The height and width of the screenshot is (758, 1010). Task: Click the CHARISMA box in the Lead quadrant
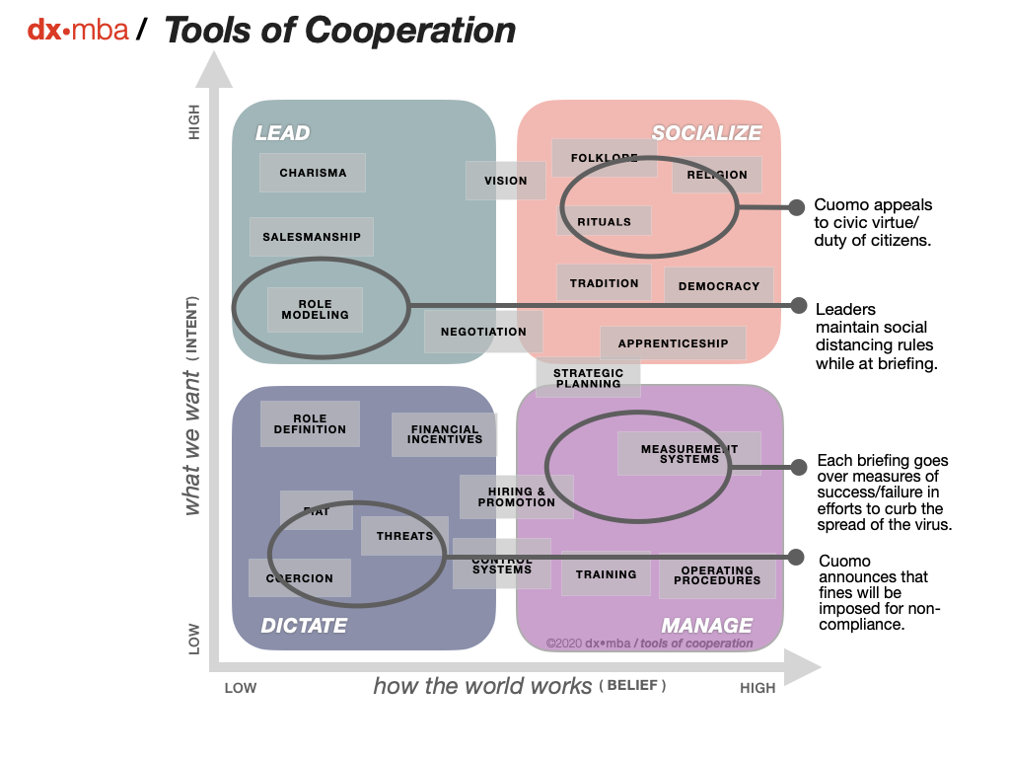tap(313, 173)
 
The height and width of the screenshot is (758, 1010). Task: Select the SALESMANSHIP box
tap(312, 237)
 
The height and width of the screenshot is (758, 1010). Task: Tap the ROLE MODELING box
tap(315, 309)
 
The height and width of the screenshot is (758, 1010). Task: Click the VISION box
tap(505, 181)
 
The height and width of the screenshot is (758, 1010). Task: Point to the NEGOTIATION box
tap(483, 332)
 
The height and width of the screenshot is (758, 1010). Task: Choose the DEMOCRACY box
tap(719, 286)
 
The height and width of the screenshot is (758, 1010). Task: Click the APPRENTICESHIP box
tap(673, 343)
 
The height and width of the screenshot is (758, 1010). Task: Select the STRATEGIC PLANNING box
tap(588, 378)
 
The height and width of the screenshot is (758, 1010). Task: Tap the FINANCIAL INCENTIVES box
tap(445, 434)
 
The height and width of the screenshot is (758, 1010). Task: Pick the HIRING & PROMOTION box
tap(516, 496)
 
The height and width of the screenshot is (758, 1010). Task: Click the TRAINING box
tap(606, 573)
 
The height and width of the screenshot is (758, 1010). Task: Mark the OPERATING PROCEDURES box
tap(717, 575)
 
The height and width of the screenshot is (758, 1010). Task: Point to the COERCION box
tap(300, 578)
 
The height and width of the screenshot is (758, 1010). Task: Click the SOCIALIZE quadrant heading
tap(706, 133)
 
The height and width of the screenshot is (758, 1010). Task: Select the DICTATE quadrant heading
tap(304, 626)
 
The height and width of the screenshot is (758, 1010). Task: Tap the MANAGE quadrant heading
tap(706, 626)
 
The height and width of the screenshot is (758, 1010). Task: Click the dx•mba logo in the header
tap(78, 31)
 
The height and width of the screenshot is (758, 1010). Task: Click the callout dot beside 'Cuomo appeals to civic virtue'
tap(796, 207)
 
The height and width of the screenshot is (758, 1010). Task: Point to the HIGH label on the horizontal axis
tap(757, 688)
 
